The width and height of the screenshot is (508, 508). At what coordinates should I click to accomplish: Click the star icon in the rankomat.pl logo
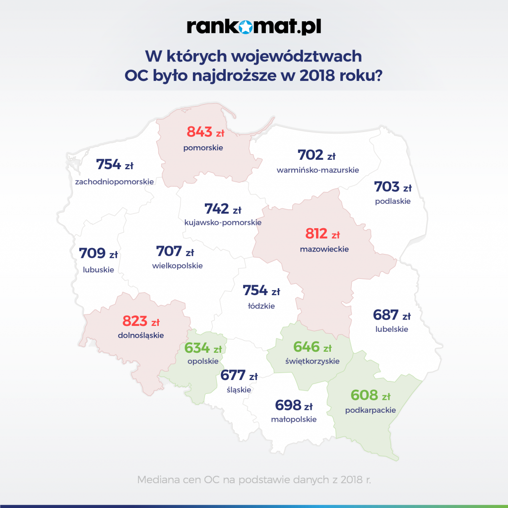point(254,27)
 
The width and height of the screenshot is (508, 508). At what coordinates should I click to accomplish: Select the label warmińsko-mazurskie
point(317,170)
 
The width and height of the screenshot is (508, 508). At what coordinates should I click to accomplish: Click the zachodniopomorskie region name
point(115,182)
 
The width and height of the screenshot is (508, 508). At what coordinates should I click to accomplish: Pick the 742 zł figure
point(222,209)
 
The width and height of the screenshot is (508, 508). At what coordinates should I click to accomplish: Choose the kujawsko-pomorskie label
point(223,223)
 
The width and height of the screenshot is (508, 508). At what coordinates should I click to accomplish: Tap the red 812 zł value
point(322,234)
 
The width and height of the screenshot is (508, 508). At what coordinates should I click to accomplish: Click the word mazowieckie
point(324,249)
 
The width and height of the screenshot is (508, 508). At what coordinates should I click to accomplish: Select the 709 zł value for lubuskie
point(98,254)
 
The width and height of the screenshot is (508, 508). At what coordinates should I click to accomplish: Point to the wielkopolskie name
point(178,266)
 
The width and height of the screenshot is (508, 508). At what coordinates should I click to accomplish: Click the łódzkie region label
point(261,306)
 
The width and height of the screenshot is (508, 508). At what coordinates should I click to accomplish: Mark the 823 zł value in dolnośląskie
point(141,320)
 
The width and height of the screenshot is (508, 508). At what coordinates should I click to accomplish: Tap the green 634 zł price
point(203,348)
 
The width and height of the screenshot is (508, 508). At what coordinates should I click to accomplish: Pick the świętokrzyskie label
point(313,361)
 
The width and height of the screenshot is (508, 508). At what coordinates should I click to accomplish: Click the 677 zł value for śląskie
point(239,375)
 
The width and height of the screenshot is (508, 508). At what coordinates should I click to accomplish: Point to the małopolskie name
point(294,419)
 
